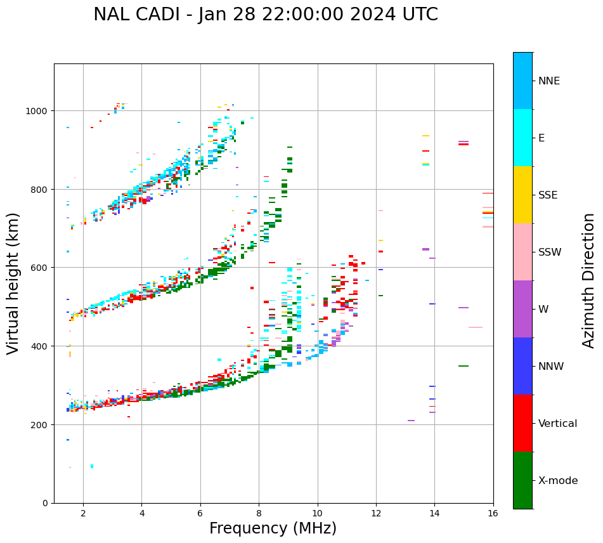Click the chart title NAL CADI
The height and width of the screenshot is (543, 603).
[x=265, y=15]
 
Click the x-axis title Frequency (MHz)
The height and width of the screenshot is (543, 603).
[x=273, y=528]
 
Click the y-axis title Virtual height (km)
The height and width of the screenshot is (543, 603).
[x=13, y=283]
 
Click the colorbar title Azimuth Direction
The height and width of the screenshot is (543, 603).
[x=589, y=280]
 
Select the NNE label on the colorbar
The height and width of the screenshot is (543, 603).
[x=548, y=81]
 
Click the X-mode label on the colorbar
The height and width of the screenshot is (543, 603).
[x=558, y=480]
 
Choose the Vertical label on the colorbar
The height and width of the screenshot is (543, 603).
[x=557, y=423]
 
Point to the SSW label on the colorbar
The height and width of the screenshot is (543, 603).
[x=550, y=252]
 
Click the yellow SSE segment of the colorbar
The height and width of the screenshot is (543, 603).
[x=522, y=195]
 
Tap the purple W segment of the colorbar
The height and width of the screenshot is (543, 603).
[x=522, y=309]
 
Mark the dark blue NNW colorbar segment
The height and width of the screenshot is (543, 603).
[x=522, y=366]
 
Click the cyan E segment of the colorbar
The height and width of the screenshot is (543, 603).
[x=522, y=138]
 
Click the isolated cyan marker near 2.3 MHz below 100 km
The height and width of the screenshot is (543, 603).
[x=92, y=466]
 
